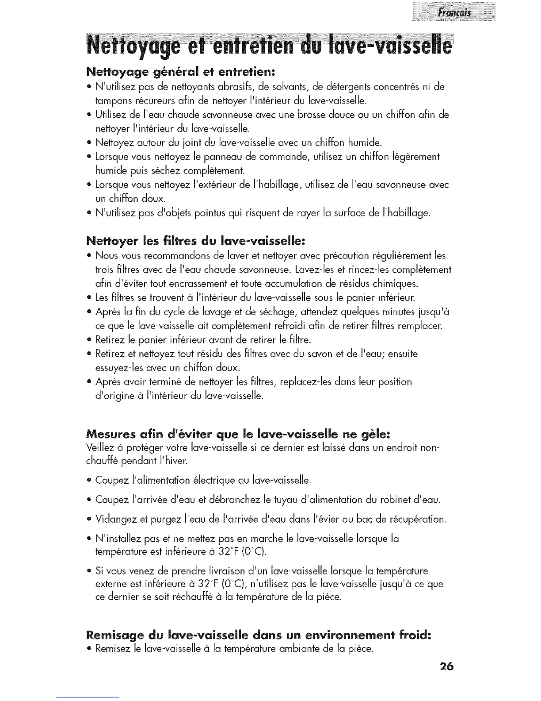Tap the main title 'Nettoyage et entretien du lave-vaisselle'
[270, 46]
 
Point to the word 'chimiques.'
[396, 283]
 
